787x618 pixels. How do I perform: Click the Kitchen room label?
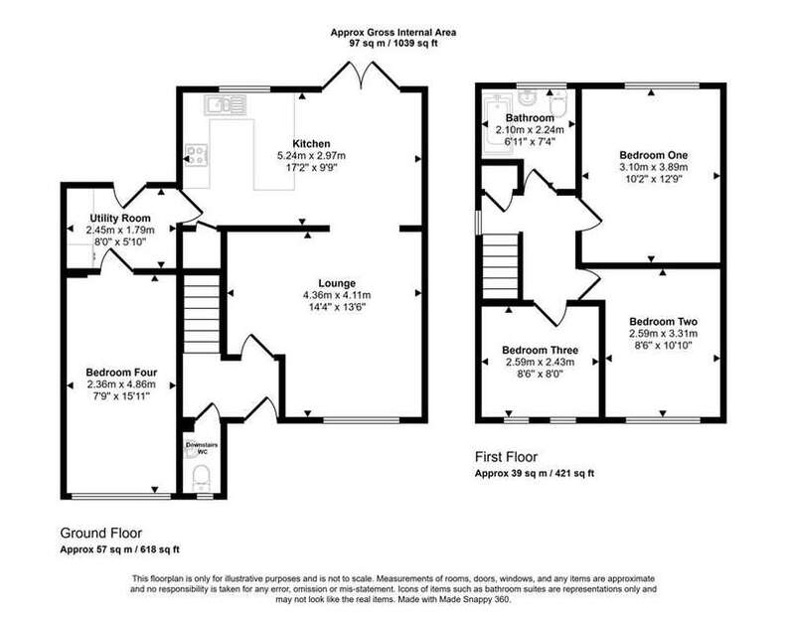coord(311,144)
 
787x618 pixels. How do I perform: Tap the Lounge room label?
coord(337,283)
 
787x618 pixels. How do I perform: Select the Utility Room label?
coord(120,219)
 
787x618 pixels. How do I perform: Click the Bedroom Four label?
coord(121,373)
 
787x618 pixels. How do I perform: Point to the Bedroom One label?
coord(654,155)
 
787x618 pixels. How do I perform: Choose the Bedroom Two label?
coord(663,322)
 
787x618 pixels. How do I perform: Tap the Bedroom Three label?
coord(540,351)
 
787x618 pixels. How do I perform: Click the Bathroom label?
coord(530,118)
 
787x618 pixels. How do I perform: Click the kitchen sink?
coord(226,105)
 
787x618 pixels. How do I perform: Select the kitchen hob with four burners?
coord(197,155)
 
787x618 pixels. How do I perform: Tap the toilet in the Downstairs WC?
coord(202,477)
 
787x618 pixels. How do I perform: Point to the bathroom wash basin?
coord(527,98)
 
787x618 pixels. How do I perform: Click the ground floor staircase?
coord(202,313)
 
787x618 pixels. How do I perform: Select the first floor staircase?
coord(500,266)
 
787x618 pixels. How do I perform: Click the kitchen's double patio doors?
coord(361,76)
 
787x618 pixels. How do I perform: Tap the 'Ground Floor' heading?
coord(101,534)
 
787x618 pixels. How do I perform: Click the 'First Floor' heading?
coord(506,457)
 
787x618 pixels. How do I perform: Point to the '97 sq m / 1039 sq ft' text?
coord(393,43)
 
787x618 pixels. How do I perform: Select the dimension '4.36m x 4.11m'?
coord(337,295)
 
